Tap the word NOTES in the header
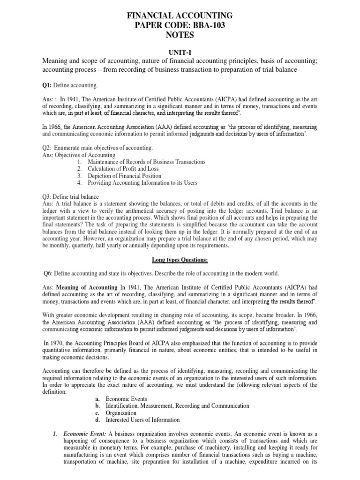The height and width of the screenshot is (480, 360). click(x=180, y=36)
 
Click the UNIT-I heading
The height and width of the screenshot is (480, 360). click(x=180, y=54)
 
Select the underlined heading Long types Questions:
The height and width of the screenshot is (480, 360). click(x=180, y=259)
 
